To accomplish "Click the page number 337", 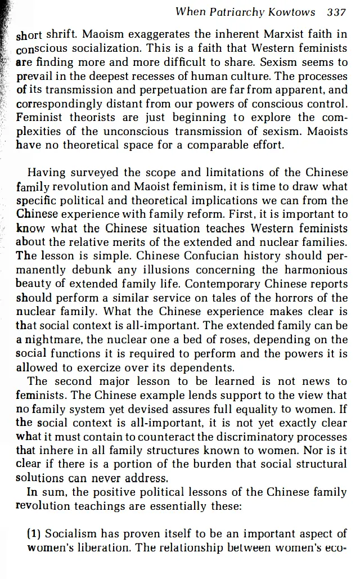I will click(x=336, y=12).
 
